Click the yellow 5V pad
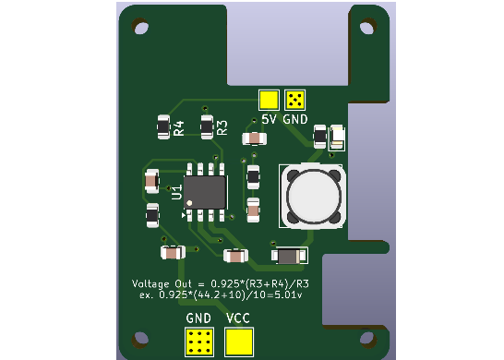tap(269, 100)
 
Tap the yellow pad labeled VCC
tap(239, 342)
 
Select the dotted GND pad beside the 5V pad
tap(295, 100)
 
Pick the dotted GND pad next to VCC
tap(199, 342)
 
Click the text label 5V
tap(270, 120)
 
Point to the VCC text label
tap(238, 318)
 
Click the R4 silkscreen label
tap(179, 128)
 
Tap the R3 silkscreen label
tap(222, 127)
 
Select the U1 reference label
tap(176, 192)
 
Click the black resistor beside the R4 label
tap(163, 126)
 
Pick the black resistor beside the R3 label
tap(207, 126)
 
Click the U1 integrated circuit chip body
tap(206, 192)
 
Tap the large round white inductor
tap(313, 195)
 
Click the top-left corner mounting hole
tap(141, 28)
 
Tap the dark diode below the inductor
tap(290, 256)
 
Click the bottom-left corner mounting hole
tap(141, 339)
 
